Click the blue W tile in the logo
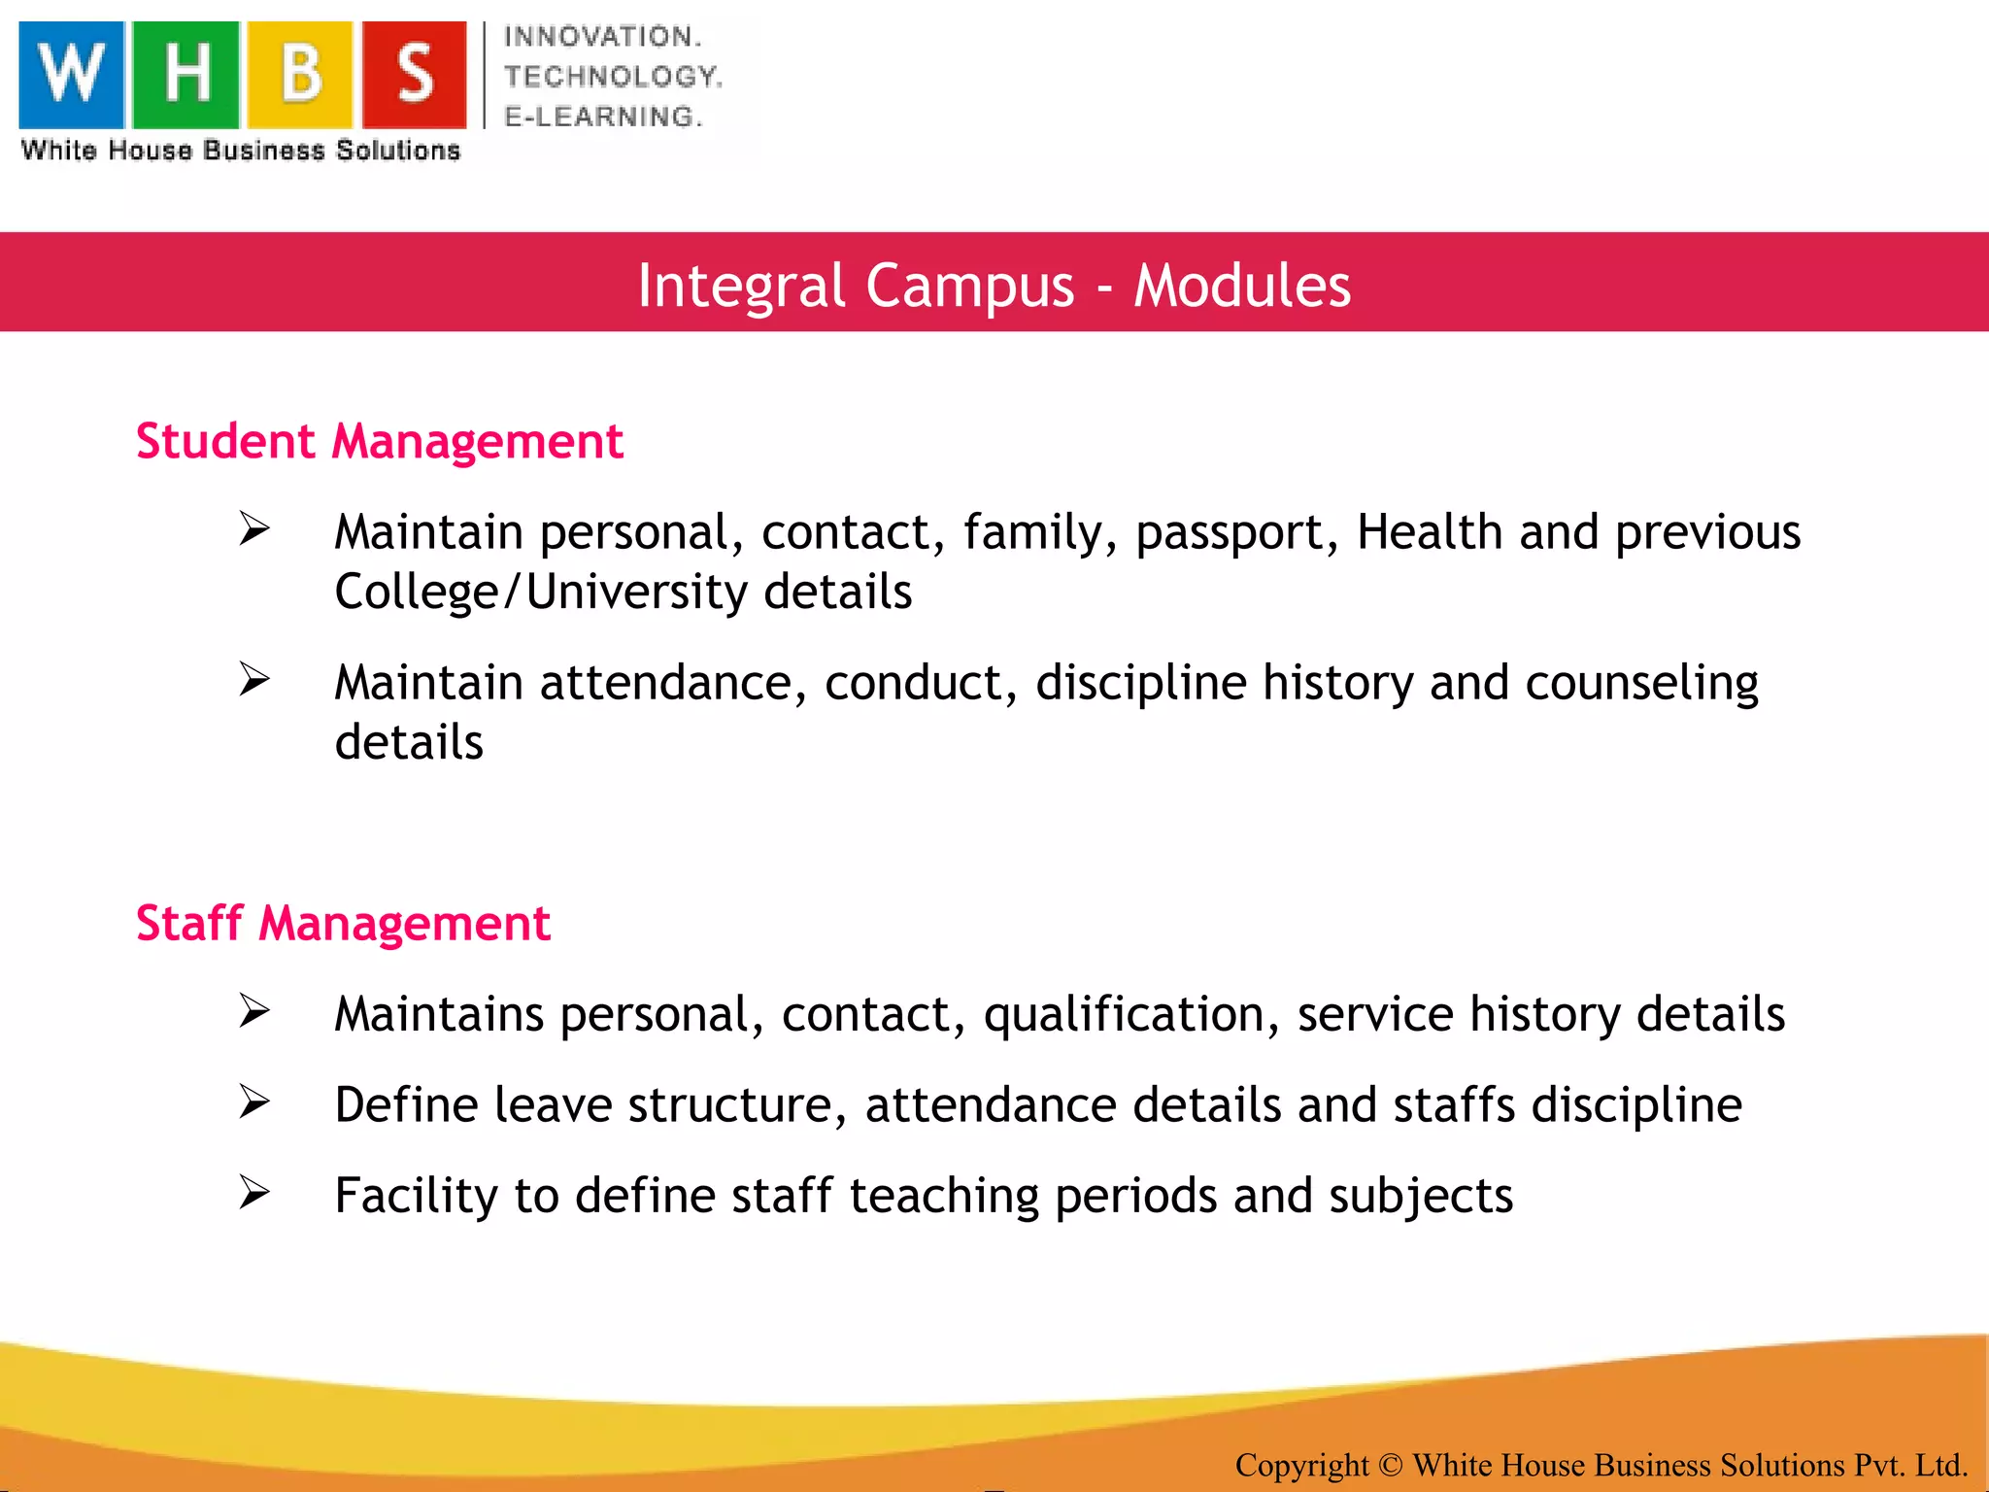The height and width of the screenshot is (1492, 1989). pos(72,74)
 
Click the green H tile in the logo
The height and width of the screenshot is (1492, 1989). pos(185,74)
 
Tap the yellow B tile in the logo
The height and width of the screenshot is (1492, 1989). pos(299,74)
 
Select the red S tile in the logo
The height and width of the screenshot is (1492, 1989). pos(415,74)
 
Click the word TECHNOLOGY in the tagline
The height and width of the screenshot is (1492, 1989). pos(613,77)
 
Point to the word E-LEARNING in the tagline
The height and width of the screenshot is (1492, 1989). pos(602,117)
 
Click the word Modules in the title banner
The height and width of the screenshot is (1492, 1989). pos(1242,286)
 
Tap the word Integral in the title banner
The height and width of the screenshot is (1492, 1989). pos(741,286)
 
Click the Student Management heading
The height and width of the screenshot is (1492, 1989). pos(379,442)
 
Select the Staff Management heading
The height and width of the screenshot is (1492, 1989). pos(343,923)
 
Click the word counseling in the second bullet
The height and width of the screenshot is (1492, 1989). pos(1641,683)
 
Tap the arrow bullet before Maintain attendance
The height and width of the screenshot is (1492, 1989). pos(254,679)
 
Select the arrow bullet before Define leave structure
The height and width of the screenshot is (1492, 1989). pos(254,1102)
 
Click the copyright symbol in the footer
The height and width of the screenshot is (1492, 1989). pos(1390,1464)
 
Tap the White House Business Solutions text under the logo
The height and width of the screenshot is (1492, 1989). pos(241,151)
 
